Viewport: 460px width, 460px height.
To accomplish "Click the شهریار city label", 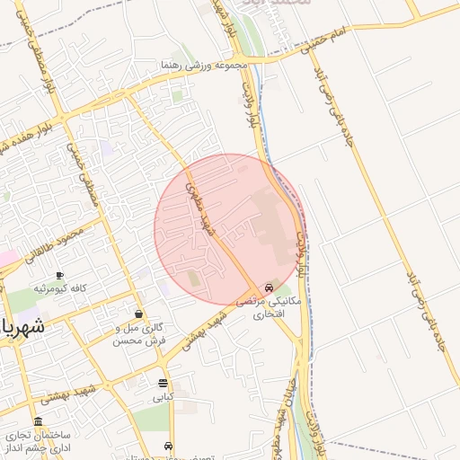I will pos(21,327).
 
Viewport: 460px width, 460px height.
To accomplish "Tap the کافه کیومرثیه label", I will pos(59,288).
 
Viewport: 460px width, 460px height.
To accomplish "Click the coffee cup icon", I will pos(59,275).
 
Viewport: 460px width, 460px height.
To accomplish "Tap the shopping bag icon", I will pos(138,314).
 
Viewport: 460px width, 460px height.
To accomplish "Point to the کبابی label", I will pos(163,396).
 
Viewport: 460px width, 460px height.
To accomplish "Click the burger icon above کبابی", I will pos(163,383).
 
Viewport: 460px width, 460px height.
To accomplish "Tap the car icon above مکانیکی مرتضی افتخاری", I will pos(269,288).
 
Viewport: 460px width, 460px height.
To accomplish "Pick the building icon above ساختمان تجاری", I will pos(37,421).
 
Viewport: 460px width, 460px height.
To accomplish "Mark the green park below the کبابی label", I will pos(153,419).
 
